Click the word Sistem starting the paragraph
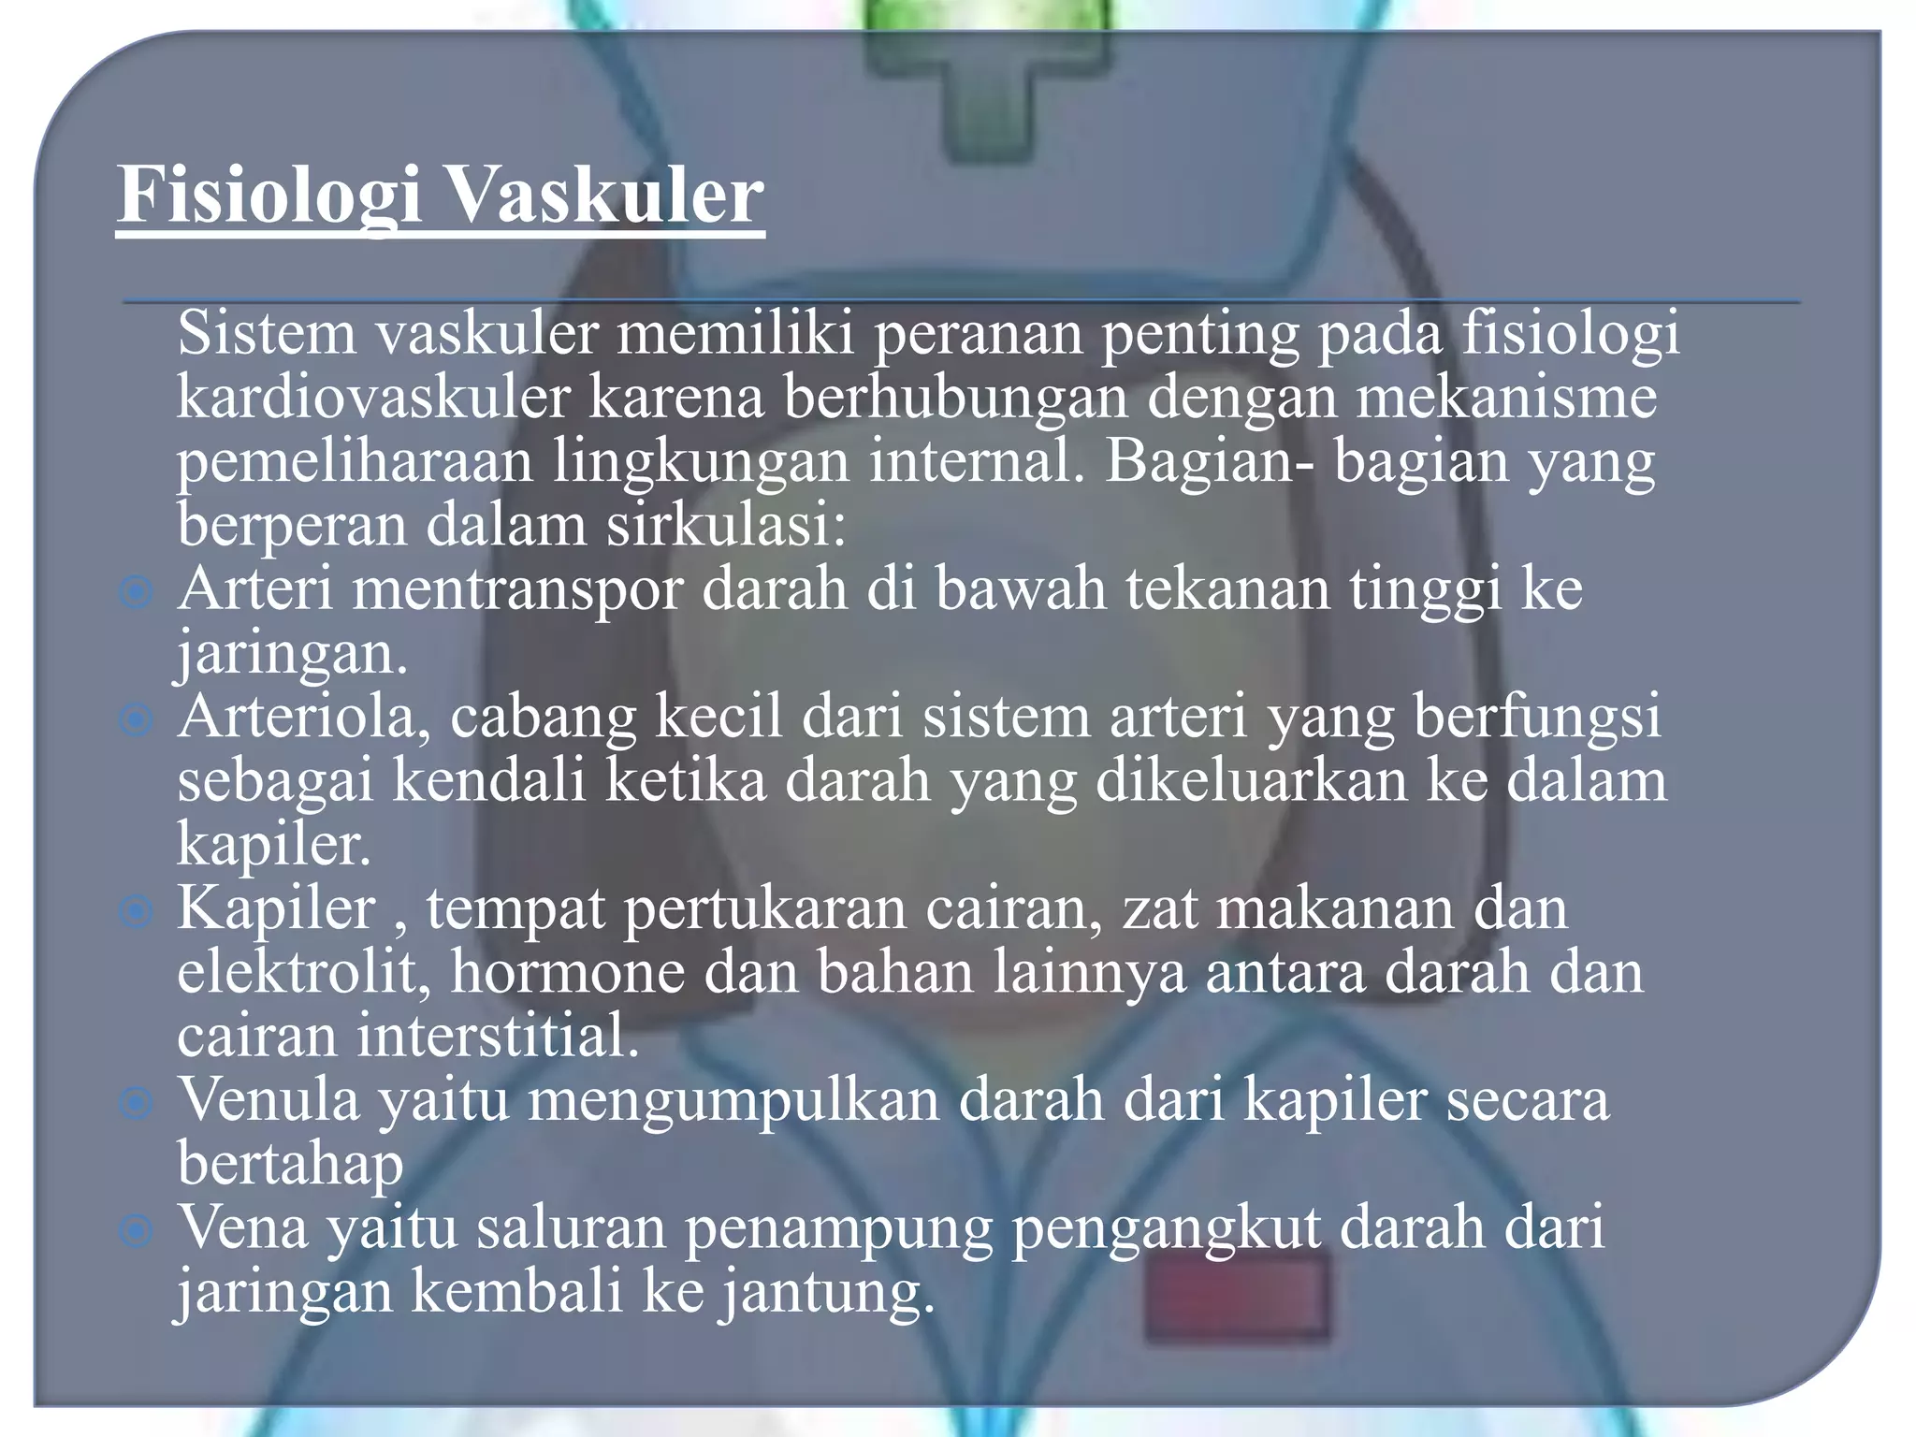267,333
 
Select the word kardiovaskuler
373,397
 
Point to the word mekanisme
1506,397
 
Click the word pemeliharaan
355,461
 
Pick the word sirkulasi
725,525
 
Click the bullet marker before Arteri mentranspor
137,592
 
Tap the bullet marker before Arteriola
137,719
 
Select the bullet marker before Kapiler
137,911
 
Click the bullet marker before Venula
137,1103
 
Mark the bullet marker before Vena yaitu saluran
137,1231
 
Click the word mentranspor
517,590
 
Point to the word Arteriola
305,717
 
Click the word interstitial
498,1036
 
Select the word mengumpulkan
733,1100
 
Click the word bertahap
290,1164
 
